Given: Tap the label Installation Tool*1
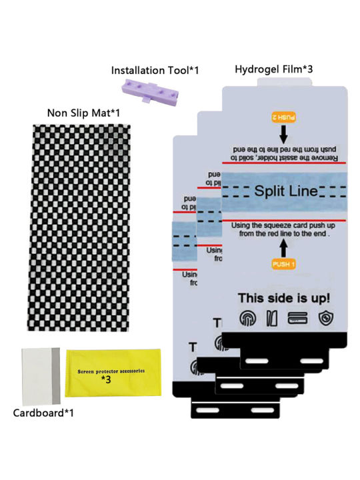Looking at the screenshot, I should click(155, 69).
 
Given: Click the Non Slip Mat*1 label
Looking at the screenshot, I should click(83, 113).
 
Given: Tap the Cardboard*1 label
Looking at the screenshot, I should click(43, 413).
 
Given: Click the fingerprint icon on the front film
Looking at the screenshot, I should click(249, 319).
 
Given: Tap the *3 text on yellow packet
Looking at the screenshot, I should click(105, 379).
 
